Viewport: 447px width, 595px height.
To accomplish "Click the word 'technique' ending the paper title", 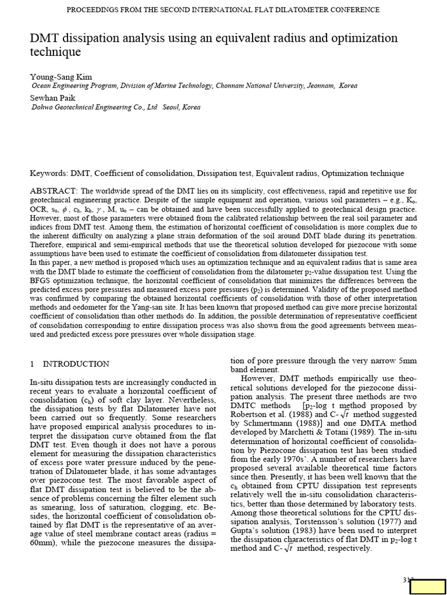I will pyautogui.click(x=55, y=53).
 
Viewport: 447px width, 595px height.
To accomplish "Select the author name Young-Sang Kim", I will pyautogui.click(x=61, y=77).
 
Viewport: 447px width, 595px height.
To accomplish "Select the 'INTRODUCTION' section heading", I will pyautogui.click(x=76, y=364).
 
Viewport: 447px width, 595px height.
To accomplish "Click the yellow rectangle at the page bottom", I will pyautogui.click(x=427, y=587).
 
